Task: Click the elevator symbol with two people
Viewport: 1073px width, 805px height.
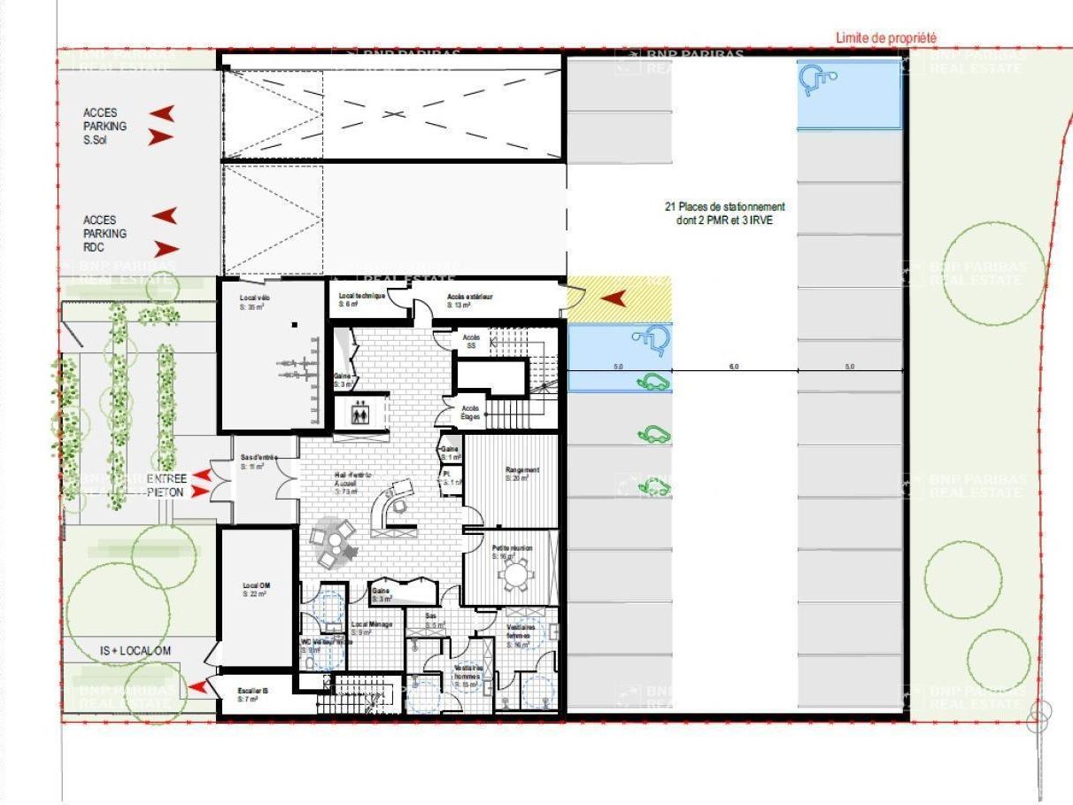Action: (x=359, y=414)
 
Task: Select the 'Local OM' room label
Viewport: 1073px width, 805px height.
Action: (x=255, y=590)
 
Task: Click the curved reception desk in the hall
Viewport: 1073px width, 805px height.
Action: (x=390, y=509)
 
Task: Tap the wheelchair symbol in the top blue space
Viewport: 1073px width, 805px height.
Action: (x=819, y=81)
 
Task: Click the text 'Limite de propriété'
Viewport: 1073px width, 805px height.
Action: (x=886, y=38)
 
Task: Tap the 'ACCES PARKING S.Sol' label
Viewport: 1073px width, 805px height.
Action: (x=105, y=126)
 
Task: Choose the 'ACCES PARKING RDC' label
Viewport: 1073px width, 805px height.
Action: (x=105, y=234)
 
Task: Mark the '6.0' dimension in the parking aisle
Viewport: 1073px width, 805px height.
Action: (x=734, y=366)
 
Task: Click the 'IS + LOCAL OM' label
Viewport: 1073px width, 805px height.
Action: (x=135, y=651)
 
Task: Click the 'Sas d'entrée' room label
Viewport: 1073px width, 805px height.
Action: (x=259, y=461)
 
